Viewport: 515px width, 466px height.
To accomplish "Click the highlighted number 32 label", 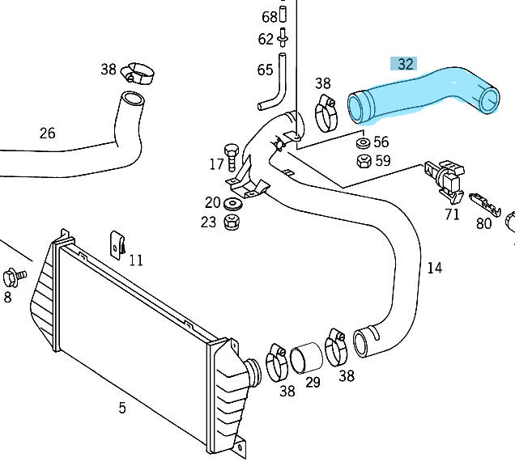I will point(406,64).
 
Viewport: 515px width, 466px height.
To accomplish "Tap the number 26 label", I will point(47,133).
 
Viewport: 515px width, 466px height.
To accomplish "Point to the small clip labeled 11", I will point(118,243).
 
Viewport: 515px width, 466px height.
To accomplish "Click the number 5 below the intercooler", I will point(122,408).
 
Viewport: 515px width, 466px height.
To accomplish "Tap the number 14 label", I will point(435,268).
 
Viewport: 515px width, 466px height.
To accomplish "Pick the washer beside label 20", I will point(232,202).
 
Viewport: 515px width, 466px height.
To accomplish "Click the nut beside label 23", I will point(232,220).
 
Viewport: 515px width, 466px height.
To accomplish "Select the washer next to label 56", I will point(363,143).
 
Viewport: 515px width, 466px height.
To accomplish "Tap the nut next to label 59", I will point(364,160).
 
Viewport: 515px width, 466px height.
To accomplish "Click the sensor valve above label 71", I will point(445,174).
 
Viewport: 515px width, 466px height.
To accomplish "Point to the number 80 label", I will point(483,223).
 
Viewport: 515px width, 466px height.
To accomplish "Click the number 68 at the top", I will point(269,16).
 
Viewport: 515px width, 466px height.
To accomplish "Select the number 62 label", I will point(266,39).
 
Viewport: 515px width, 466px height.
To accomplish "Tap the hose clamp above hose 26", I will point(138,76).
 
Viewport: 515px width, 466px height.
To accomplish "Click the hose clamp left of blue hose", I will point(327,112).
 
